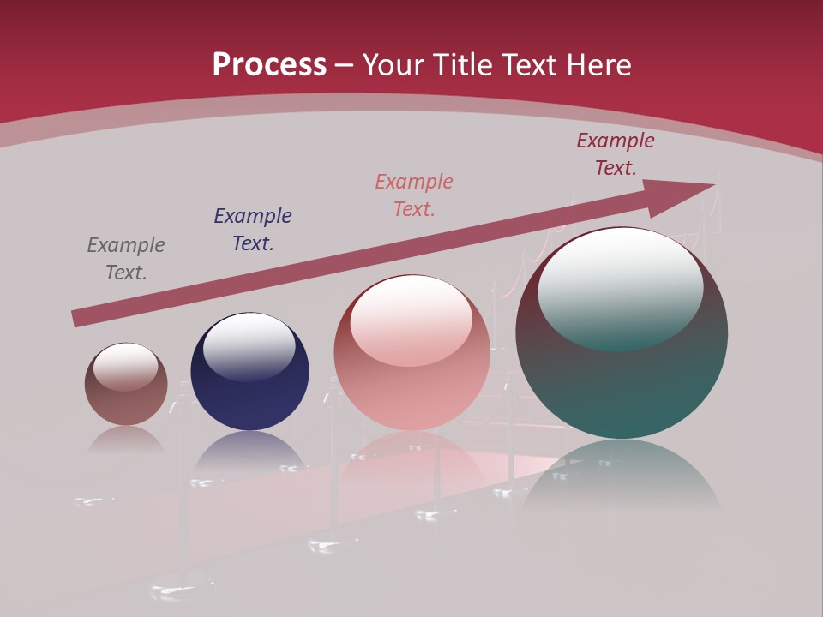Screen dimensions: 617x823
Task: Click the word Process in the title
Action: point(269,65)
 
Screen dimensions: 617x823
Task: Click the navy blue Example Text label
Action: point(253,230)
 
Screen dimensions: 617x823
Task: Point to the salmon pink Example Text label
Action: point(414,195)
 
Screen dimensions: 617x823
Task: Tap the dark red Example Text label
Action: point(616,154)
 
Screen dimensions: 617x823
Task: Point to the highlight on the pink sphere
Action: point(411,319)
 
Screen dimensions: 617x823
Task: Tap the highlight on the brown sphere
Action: point(126,366)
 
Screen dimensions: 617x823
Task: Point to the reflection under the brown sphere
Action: point(126,441)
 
